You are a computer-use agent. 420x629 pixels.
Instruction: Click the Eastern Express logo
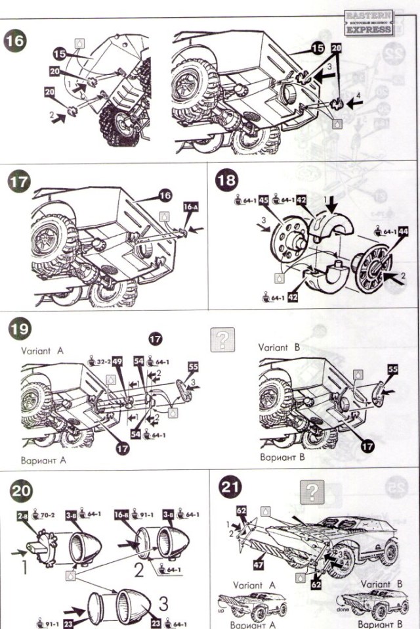coord(369,22)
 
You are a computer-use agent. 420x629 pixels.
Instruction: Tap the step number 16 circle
coord(14,40)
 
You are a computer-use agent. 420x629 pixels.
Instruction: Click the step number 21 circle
coord(231,489)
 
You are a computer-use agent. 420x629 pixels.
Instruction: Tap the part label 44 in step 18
coord(403,231)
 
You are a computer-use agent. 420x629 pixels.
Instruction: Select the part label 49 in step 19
coord(117,361)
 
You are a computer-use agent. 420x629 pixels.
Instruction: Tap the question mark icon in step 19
coord(222,338)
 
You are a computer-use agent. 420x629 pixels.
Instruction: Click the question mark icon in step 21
coord(313,492)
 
